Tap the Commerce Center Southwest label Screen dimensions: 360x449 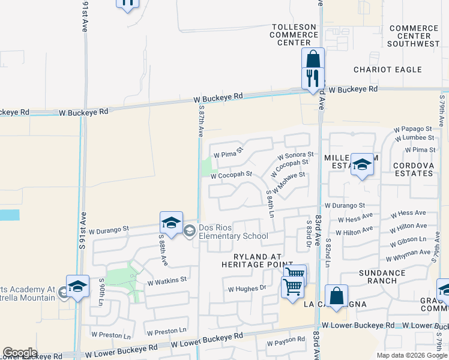(x=413, y=36)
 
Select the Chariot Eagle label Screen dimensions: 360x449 (x=388, y=70)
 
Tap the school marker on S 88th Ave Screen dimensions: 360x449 (x=171, y=223)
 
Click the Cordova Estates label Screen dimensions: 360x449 (x=413, y=169)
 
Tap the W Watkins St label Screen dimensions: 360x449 (x=167, y=280)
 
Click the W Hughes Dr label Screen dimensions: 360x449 (x=247, y=289)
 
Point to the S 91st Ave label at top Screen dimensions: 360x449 (x=82, y=18)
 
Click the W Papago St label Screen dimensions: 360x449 (x=412, y=129)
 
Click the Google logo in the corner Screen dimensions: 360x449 (x=20, y=353)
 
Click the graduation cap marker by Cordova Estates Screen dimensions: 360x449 (x=362, y=165)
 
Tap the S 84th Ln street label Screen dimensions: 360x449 (x=270, y=203)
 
